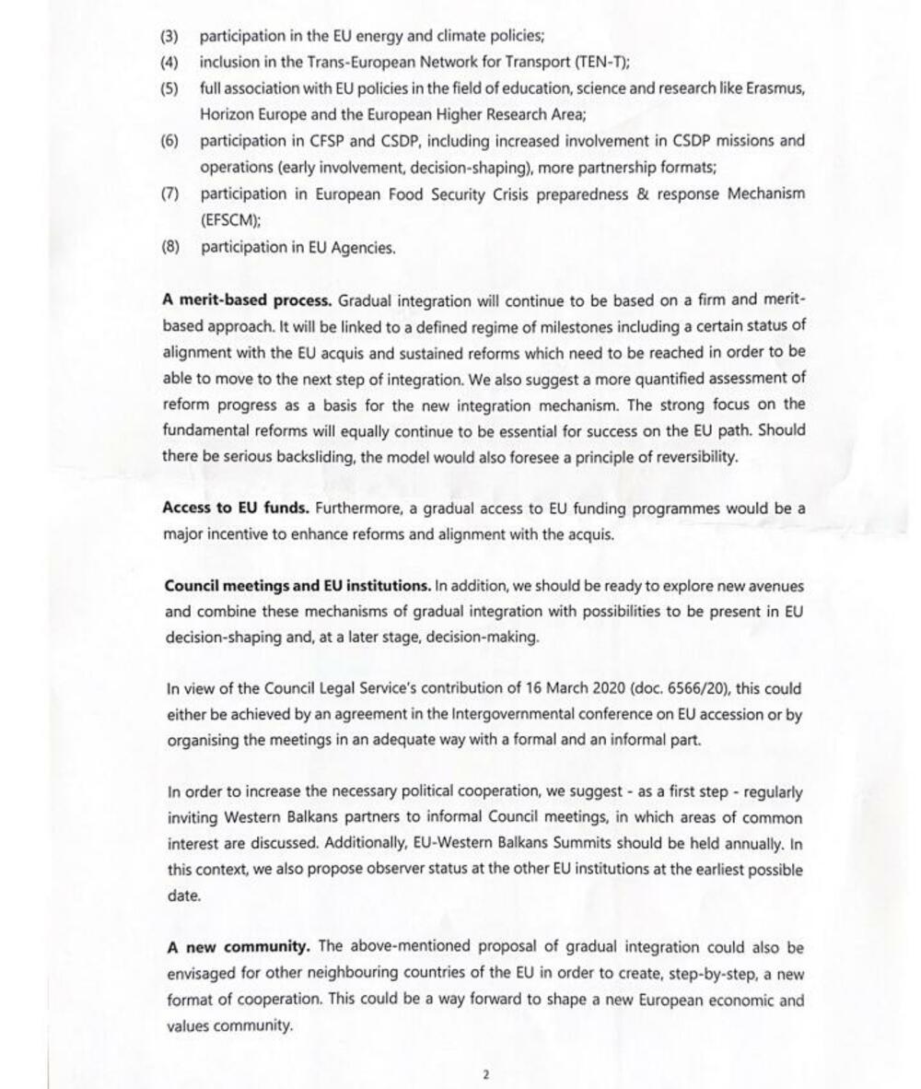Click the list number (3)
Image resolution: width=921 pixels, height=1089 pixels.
pos(169,37)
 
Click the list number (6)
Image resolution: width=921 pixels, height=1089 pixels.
pos(169,142)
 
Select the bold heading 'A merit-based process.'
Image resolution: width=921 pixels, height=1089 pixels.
pos(247,300)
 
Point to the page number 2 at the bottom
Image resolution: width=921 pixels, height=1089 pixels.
pos(485,1074)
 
